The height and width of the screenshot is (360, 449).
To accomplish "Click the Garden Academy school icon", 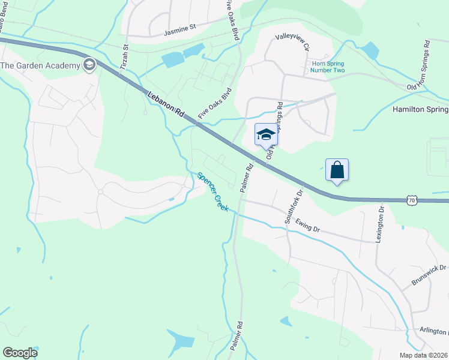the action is tap(89, 65).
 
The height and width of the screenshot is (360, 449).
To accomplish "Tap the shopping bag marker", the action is tap(337, 170).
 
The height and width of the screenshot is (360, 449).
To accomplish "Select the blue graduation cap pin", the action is tap(266, 134).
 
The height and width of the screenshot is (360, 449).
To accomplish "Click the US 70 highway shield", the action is tap(411, 200).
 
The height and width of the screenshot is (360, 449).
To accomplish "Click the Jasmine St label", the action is tap(180, 28).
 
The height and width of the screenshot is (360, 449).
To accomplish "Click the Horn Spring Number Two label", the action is tap(327, 67).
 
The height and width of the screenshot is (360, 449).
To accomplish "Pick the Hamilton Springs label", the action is tap(420, 110).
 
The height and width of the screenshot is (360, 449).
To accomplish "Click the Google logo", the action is tap(20, 353).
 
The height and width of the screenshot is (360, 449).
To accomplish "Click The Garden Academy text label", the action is tap(41, 65).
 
